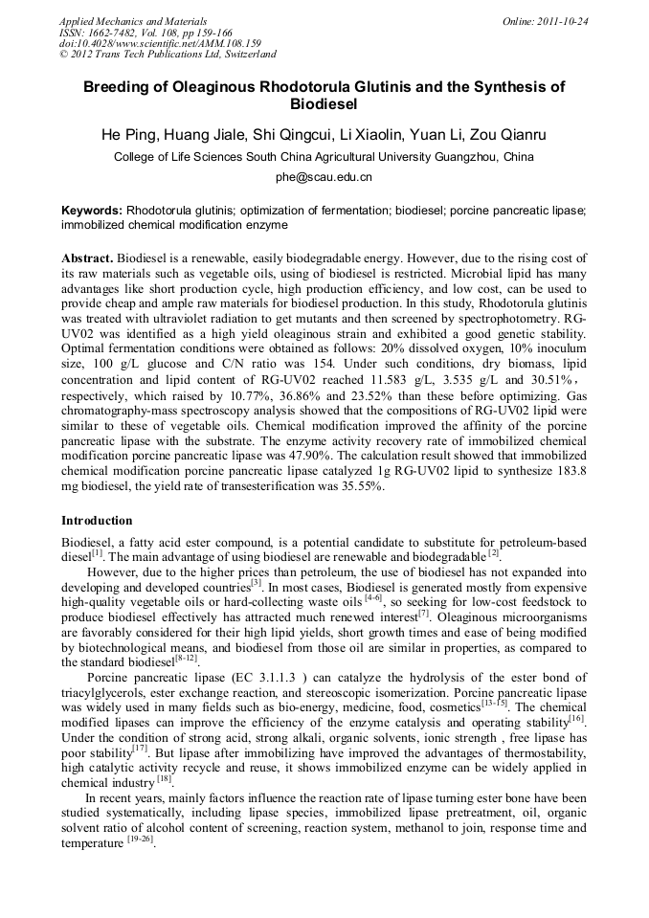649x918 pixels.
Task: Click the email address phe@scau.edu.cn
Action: coord(324,177)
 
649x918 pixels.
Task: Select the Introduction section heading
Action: coord(97,521)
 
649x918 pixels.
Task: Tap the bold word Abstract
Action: coord(87,259)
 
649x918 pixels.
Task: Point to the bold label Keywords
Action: coord(91,211)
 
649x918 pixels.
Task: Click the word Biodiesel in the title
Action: coord(324,103)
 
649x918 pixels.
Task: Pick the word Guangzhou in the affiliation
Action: coord(468,156)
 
